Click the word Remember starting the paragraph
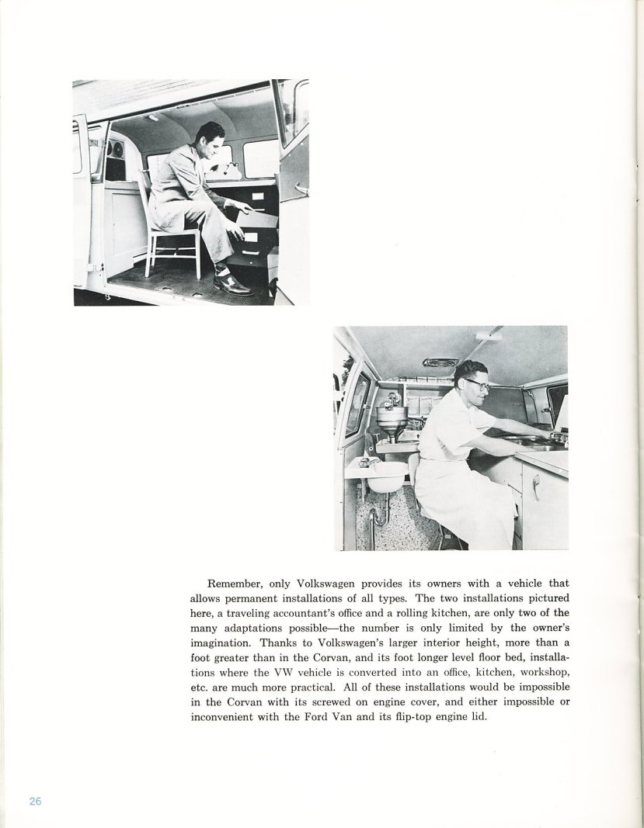pos(233,584)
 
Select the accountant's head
pos(211,140)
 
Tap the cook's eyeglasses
pos(476,383)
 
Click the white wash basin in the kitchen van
pos(385,474)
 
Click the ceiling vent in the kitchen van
pos(440,362)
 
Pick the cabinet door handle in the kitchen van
pos(534,487)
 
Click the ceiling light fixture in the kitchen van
pos(488,334)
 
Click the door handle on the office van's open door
pos(299,189)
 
